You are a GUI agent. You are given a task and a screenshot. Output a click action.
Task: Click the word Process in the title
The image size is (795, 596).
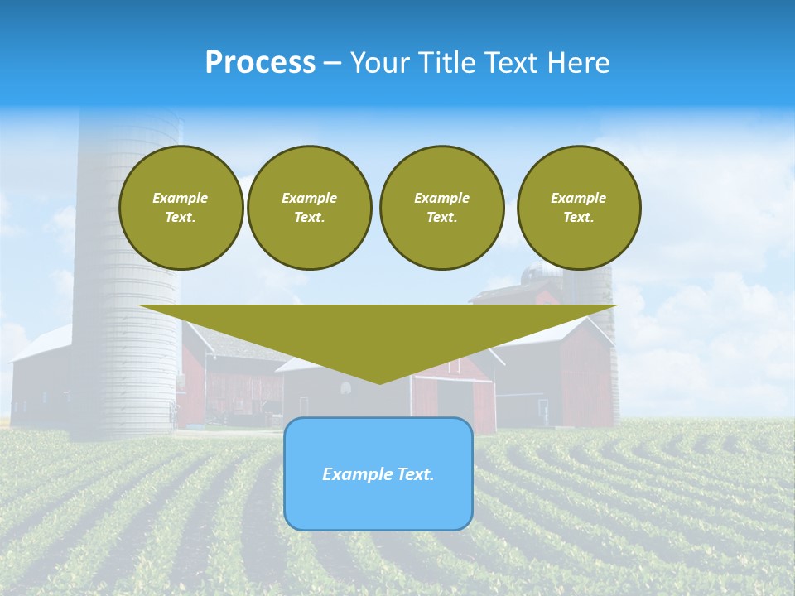260,63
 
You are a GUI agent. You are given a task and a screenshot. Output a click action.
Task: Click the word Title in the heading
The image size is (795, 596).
447,63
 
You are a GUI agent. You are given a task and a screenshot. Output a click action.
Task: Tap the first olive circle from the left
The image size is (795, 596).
181,207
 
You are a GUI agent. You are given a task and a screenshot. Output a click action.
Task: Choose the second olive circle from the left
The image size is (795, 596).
309,207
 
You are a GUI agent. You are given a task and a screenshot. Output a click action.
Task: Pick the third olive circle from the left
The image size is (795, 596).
441,207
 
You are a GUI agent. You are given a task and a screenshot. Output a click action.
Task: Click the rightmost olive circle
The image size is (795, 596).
579,207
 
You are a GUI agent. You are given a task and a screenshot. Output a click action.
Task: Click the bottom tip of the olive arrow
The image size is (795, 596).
379,382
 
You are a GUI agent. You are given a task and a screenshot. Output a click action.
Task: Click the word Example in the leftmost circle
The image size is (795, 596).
181,198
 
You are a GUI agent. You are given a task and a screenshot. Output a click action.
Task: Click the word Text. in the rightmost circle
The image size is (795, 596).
579,217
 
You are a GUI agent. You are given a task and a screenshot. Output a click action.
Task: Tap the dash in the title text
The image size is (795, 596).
333,64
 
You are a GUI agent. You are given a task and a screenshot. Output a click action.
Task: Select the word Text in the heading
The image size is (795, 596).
513,63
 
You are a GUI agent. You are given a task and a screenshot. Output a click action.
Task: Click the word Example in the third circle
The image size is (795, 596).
441,198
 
